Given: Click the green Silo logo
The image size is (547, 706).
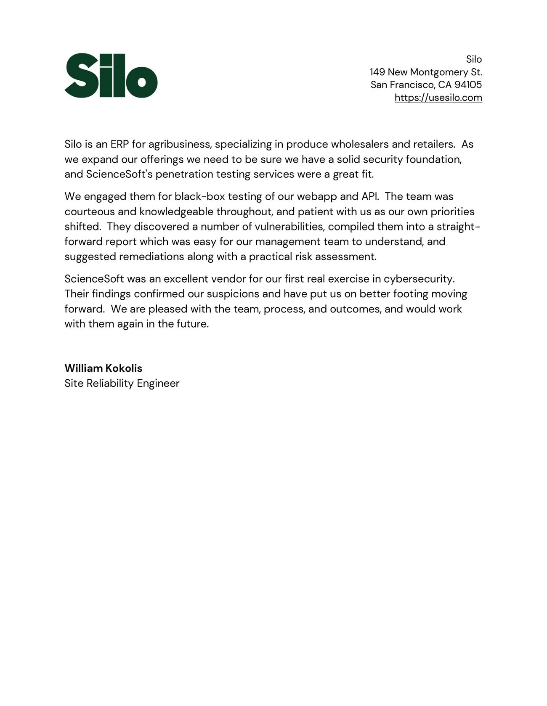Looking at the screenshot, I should [111, 76].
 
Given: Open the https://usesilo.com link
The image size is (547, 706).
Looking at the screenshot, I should [438, 98].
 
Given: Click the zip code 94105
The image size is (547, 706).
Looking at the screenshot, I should [468, 85].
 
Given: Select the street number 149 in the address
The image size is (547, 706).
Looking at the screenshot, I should [377, 72].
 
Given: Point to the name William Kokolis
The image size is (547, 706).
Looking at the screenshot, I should [103, 368].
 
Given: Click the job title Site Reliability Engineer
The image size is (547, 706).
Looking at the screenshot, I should [122, 383].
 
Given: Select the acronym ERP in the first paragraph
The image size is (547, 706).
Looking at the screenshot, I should [119, 144].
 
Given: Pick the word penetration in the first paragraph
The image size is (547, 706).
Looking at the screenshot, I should [184, 174].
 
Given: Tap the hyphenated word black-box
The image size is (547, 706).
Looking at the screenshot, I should [199, 196].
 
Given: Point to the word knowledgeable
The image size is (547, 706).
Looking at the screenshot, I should [176, 212].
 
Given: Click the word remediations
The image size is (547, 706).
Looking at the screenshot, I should [151, 256].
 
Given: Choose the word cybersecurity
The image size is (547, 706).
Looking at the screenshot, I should [418, 279].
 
